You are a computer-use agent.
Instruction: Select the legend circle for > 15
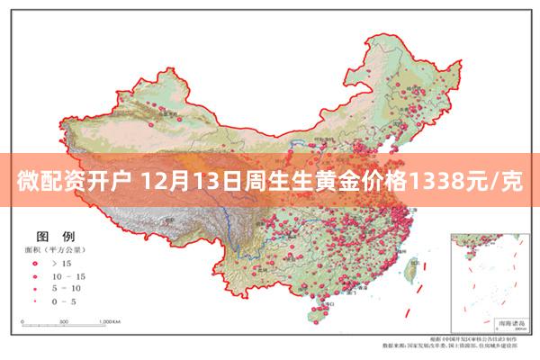tap(35, 263)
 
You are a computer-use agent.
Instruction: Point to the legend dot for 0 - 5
tap(35, 301)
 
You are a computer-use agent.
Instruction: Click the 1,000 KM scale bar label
tap(111, 320)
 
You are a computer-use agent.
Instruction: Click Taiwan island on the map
tap(418, 268)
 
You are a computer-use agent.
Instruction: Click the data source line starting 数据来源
tap(451, 345)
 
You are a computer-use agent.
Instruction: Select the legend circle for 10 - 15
tap(35, 275)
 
